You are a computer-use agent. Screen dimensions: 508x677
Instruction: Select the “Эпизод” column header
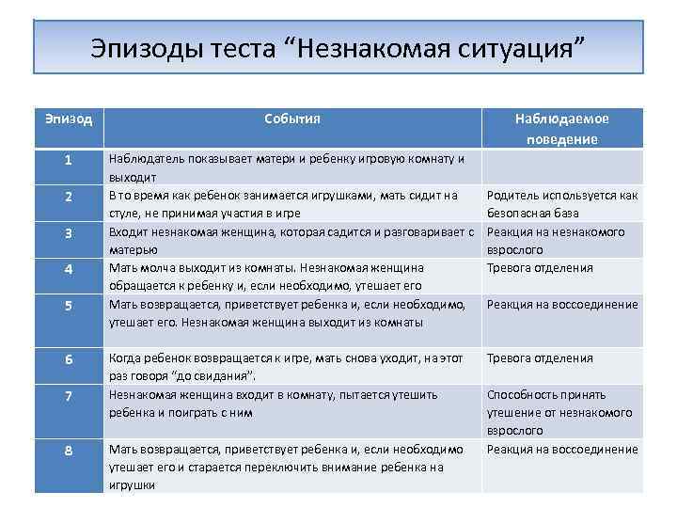69,119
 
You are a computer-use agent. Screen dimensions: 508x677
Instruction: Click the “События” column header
291,119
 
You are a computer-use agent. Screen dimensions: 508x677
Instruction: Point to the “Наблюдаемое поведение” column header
561,129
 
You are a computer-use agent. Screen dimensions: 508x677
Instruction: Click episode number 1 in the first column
69,159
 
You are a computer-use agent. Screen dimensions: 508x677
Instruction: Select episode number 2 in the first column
69,196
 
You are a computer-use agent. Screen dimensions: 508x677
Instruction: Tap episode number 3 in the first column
69,232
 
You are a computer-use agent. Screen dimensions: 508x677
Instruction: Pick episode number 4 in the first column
69,268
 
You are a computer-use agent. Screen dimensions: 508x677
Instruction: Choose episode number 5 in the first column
69,305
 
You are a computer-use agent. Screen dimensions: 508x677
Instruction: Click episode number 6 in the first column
69,358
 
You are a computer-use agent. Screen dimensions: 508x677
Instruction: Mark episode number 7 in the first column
69,395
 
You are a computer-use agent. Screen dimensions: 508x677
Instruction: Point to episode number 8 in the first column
69,450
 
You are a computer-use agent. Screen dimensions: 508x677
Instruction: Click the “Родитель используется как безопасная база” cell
561,204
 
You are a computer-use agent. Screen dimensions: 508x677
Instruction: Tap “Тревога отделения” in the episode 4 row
539,268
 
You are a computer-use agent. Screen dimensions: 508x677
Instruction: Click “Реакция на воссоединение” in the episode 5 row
561,305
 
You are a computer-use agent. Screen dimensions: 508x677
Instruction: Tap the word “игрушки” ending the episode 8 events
132,485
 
